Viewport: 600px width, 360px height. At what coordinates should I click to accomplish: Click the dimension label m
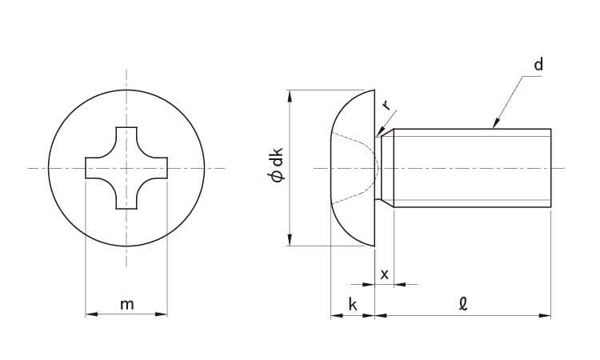click(127, 305)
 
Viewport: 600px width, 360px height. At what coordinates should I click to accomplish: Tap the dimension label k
click(353, 304)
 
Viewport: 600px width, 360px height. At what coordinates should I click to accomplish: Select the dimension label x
click(385, 274)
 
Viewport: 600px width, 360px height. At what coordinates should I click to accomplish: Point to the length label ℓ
click(463, 303)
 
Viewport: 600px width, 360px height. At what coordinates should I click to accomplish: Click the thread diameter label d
click(538, 65)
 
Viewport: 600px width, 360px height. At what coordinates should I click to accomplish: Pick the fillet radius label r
click(387, 105)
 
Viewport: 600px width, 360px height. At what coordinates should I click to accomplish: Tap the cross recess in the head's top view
click(126, 168)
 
